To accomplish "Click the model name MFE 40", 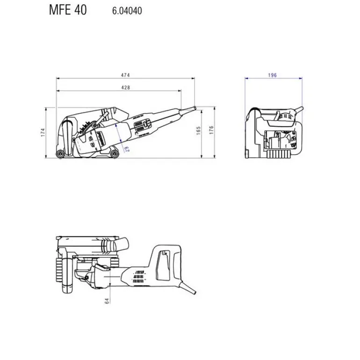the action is coord(68,10).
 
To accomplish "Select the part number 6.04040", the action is coord(127,11).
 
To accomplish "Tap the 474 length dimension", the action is coord(125,75).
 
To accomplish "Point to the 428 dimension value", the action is coord(125,87).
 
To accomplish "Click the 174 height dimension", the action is coord(43,132).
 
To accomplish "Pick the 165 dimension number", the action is coord(199,130).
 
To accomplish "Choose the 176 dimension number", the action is coord(211,130).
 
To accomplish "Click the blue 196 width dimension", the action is coord(272,75).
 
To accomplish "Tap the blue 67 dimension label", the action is coord(127,149).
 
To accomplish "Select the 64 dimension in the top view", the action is coord(107,301).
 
